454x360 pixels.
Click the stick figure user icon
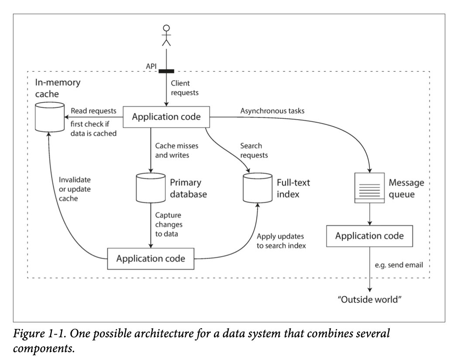coord(166,35)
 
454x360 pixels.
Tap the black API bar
coord(166,72)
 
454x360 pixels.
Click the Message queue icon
coord(370,187)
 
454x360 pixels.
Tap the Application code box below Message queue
coord(369,236)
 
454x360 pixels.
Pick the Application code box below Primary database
coord(151,258)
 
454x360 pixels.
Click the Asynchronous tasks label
coord(272,111)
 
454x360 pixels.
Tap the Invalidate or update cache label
coord(72,189)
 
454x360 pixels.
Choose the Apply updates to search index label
coord(281,241)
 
